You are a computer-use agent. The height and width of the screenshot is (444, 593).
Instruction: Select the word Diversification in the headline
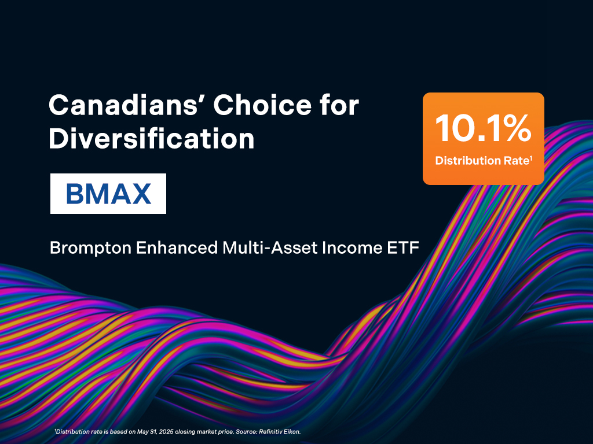tap(152, 138)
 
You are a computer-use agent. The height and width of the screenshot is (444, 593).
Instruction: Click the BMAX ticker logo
tap(108, 194)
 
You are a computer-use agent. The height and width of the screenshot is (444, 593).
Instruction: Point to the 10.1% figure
tap(484, 128)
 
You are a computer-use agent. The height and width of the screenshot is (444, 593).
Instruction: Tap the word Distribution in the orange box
tap(468, 161)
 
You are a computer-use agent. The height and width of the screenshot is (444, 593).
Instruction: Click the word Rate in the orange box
tap(516, 161)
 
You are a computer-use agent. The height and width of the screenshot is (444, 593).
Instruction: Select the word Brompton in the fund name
tap(90, 249)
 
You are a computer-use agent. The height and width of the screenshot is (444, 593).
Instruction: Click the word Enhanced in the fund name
tap(177, 247)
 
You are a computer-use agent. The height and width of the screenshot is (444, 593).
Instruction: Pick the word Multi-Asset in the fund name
tap(270, 247)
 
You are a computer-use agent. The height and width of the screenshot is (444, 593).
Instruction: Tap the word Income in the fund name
tap(352, 247)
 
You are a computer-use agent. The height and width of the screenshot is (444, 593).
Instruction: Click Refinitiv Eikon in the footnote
tap(280, 431)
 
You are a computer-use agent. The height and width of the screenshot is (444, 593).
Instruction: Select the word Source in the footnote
tap(246, 431)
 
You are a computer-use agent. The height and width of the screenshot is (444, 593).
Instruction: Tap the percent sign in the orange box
tap(517, 128)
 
